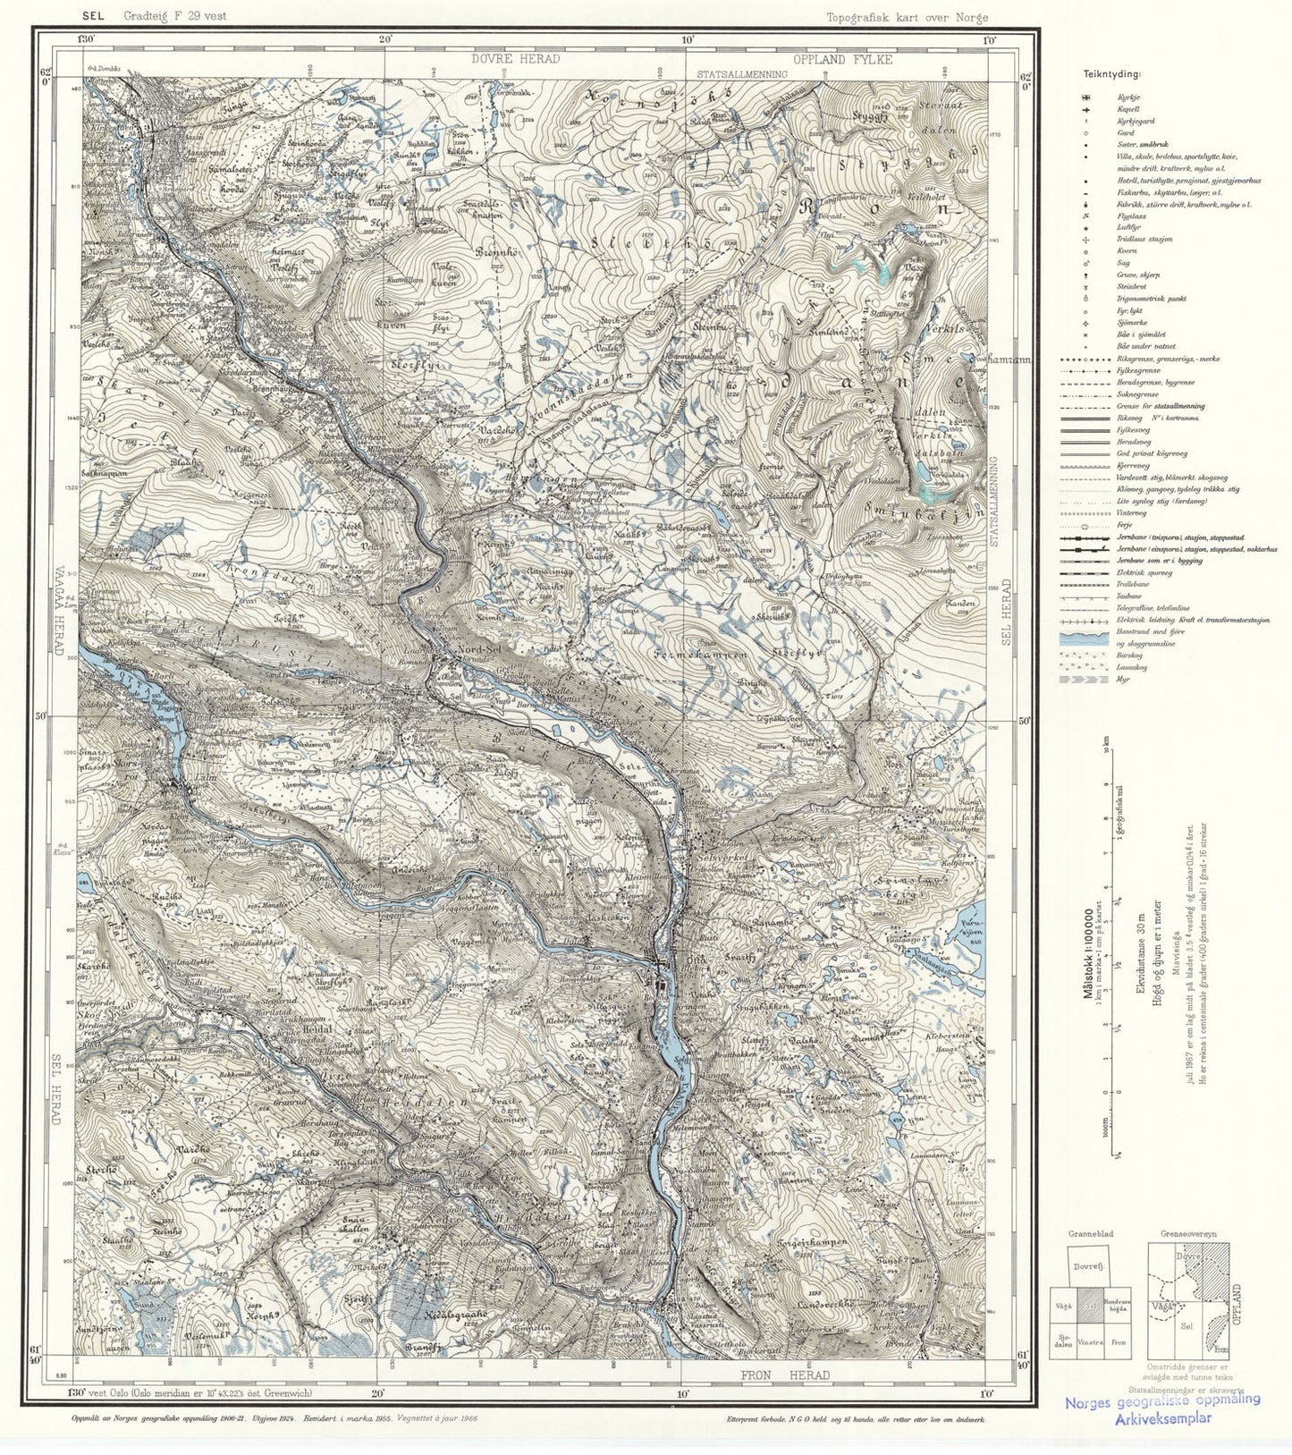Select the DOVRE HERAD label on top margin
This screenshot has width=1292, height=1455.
(x=516, y=59)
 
